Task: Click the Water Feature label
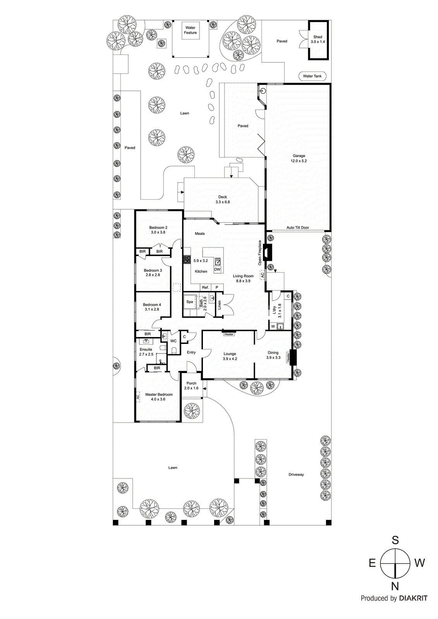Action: tap(190, 30)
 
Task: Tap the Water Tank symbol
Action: tap(312, 76)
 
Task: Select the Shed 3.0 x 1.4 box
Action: tap(318, 39)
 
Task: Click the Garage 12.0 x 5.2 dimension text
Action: tap(299, 159)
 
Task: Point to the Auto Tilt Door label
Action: tap(297, 228)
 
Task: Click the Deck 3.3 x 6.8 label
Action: tap(223, 200)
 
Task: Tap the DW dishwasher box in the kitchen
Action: tap(217, 270)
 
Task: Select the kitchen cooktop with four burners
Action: tap(187, 259)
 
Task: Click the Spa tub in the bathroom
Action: tap(190, 302)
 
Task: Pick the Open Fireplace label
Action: tap(260, 253)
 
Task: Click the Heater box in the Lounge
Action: tap(229, 334)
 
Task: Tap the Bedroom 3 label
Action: tap(153, 273)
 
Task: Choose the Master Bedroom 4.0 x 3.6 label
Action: tap(159, 397)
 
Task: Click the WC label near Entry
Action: tap(173, 341)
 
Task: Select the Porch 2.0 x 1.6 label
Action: tap(191, 386)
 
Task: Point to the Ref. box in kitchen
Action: tap(205, 287)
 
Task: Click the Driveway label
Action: tap(296, 475)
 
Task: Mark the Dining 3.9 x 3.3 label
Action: tap(273, 355)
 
